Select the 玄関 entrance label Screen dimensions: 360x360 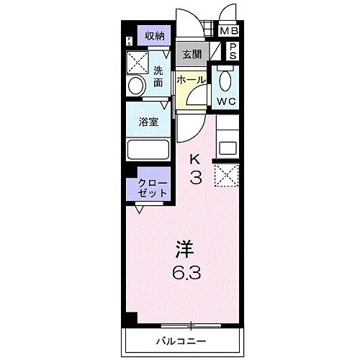click(190, 53)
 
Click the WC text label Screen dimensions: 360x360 click(228, 101)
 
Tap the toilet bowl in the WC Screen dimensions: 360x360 click(226, 80)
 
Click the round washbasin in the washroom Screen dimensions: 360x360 click(135, 86)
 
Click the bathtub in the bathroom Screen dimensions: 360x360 click(148, 150)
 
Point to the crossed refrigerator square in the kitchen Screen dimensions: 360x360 click(228, 175)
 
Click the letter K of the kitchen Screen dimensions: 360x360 click(195, 159)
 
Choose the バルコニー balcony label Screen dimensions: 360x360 click(181, 340)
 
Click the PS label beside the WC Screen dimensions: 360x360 click(233, 52)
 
